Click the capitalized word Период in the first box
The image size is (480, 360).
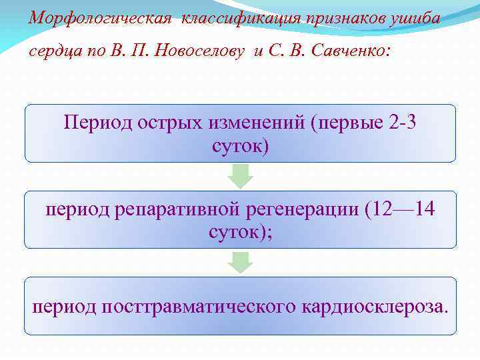pyautogui.click(x=99, y=124)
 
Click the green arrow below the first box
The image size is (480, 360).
pyautogui.click(x=241, y=176)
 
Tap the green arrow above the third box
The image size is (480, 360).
pyautogui.click(x=241, y=262)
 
